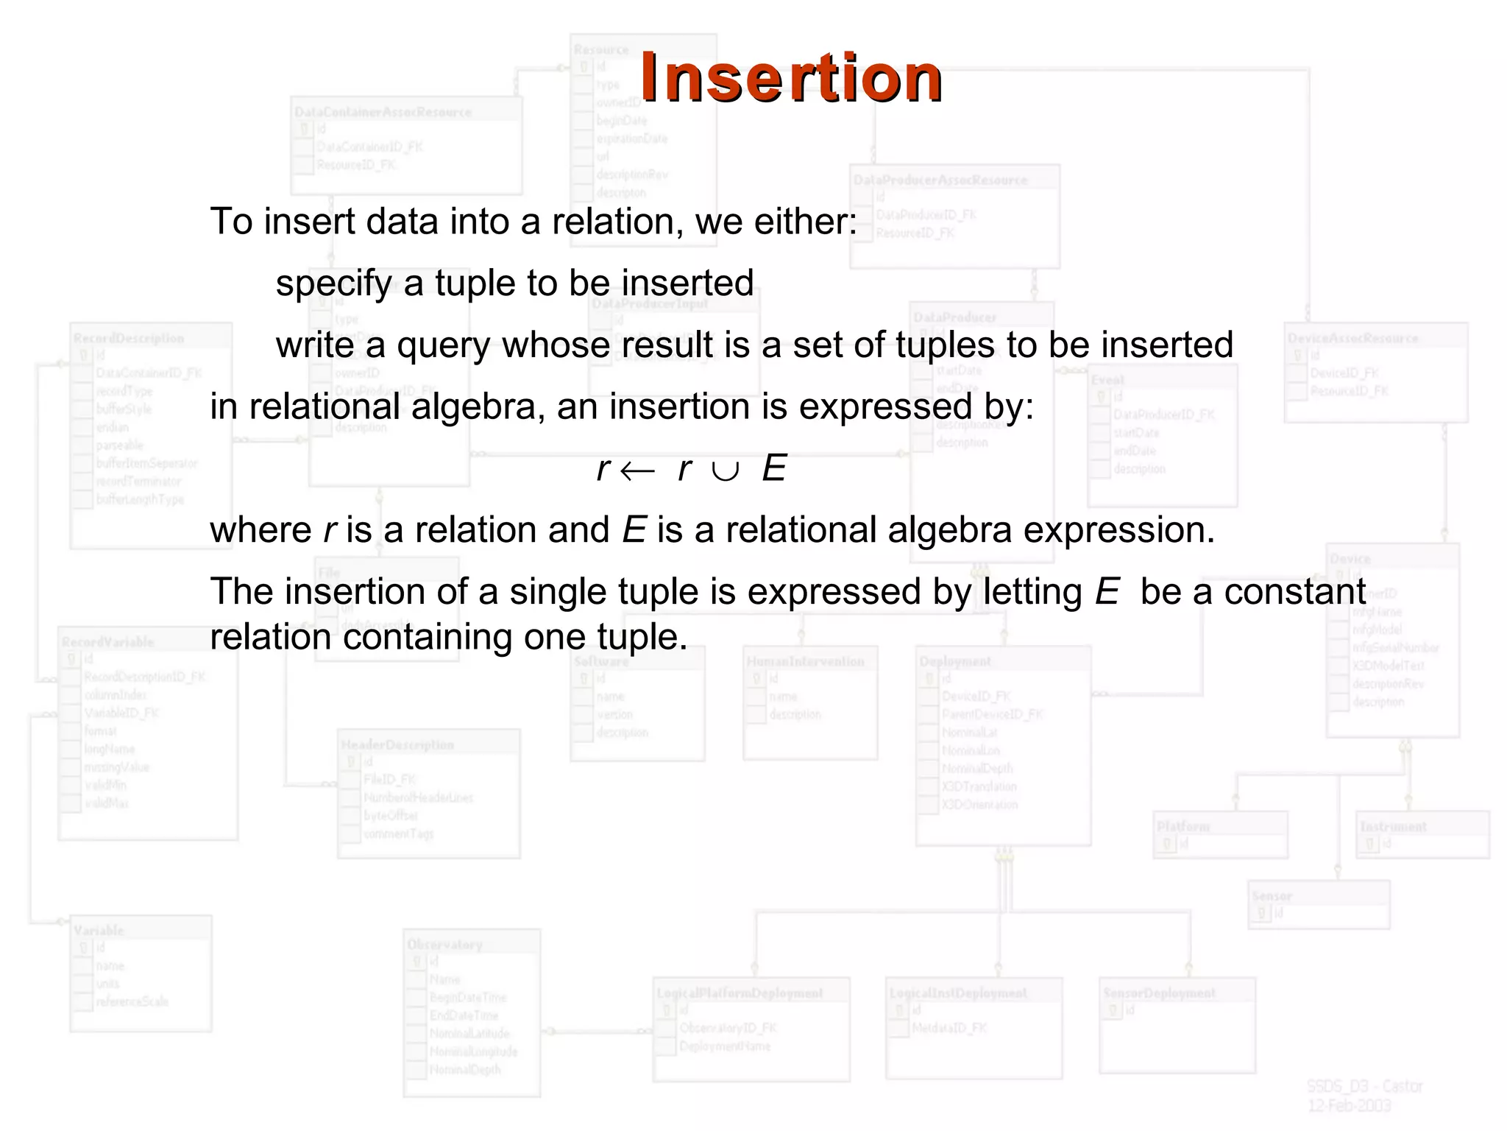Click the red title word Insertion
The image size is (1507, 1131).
[791, 78]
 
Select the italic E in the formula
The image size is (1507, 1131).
[774, 468]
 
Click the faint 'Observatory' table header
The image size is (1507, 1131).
[444, 945]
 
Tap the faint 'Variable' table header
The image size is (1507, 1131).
[99, 931]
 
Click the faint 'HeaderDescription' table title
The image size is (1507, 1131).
[397, 745]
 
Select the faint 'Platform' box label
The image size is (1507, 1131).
[1182, 827]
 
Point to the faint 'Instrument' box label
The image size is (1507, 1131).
[1393, 827]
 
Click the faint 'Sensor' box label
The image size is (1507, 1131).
[1272, 896]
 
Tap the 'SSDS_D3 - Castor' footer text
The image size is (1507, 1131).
[1365, 1086]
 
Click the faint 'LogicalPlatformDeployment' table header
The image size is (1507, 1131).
[740, 993]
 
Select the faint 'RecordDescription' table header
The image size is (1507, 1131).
[129, 339]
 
